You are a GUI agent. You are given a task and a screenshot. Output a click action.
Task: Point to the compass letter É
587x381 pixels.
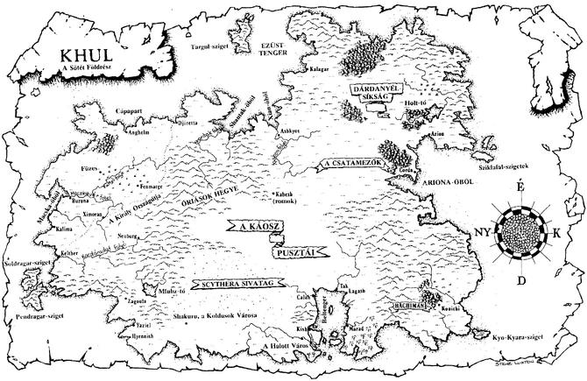coord(520,188)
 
